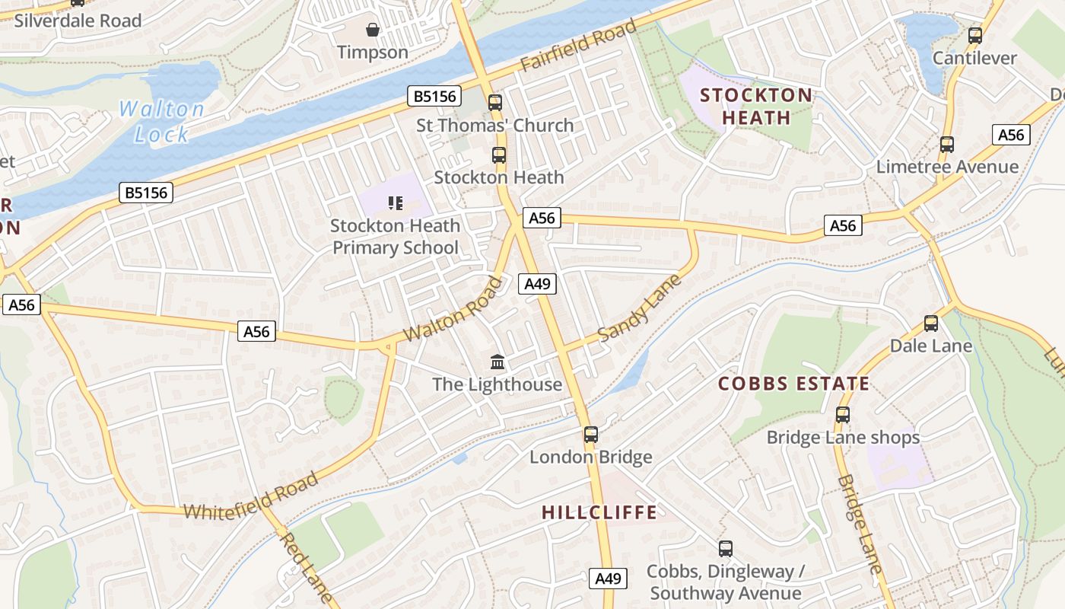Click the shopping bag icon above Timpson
coord(373,30)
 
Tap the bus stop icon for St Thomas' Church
coord(495,102)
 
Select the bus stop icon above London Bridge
coord(591,435)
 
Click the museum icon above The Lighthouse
coord(498,362)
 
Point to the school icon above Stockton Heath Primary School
coord(395,202)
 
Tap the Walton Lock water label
coord(161,122)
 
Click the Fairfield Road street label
coord(578,46)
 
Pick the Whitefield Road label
coord(251,496)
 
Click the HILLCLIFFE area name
coord(599,512)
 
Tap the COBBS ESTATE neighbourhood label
coord(793,384)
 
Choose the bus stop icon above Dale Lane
coord(930,324)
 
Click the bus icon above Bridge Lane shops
coord(842,415)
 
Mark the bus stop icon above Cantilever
coord(974,35)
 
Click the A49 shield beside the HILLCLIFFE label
coord(609,579)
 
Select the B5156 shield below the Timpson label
coord(435,96)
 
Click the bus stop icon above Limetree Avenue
coord(946,145)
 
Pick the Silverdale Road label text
coord(78,21)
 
